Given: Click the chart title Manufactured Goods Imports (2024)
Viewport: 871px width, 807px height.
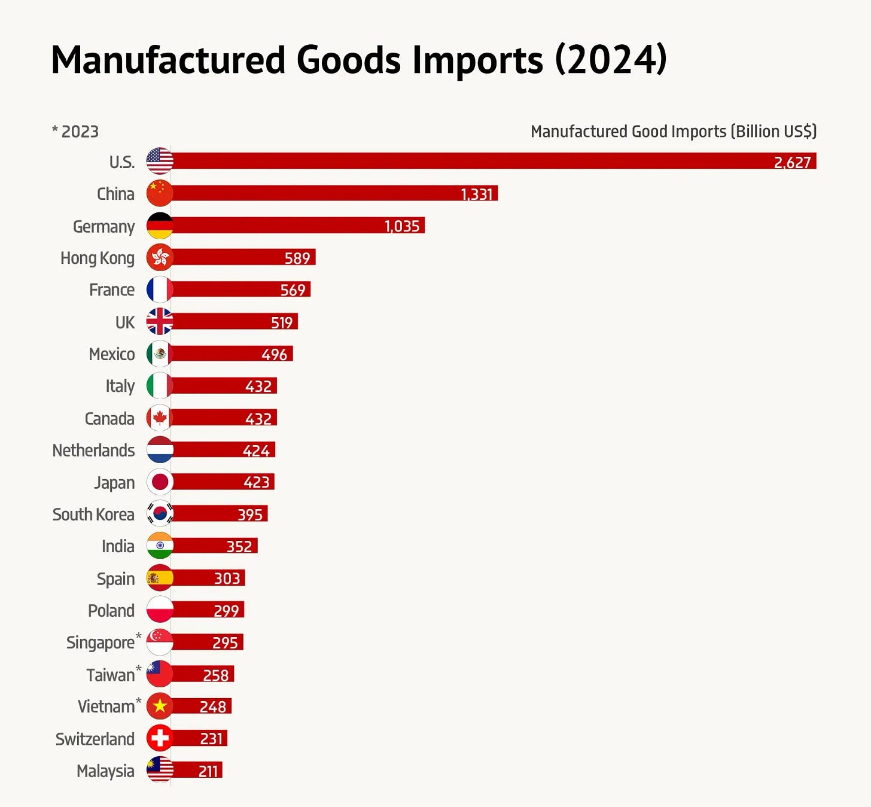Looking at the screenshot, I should [x=359, y=60].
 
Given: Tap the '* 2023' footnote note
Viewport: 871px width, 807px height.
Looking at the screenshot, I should [x=75, y=132].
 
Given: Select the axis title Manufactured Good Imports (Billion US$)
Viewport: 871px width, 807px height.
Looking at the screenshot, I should [x=674, y=132].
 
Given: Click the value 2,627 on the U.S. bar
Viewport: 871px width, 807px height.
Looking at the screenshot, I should [x=792, y=163].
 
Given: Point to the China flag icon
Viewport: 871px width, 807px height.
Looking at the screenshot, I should [x=160, y=193].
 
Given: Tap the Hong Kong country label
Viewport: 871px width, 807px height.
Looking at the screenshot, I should [x=98, y=258].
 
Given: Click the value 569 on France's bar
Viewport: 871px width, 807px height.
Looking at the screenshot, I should [x=293, y=290].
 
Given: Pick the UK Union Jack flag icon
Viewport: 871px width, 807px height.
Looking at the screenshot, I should [x=160, y=322].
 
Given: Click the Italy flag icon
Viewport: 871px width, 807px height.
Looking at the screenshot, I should [x=160, y=386].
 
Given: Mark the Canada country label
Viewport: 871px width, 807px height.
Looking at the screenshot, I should [x=109, y=419].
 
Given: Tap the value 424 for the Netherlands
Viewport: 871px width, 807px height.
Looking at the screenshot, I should [x=256, y=450].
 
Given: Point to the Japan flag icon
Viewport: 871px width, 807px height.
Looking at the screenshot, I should [x=160, y=482].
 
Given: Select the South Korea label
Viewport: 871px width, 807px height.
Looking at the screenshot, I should [x=93, y=514].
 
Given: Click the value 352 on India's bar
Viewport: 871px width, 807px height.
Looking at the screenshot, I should [x=239, y=546].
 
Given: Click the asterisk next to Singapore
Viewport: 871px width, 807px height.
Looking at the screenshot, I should [x=139, y=636].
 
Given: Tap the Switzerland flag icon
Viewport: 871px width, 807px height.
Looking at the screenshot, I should [x=160, y=738].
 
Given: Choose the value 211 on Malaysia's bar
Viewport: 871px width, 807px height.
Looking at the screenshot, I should [x=208, y=771].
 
